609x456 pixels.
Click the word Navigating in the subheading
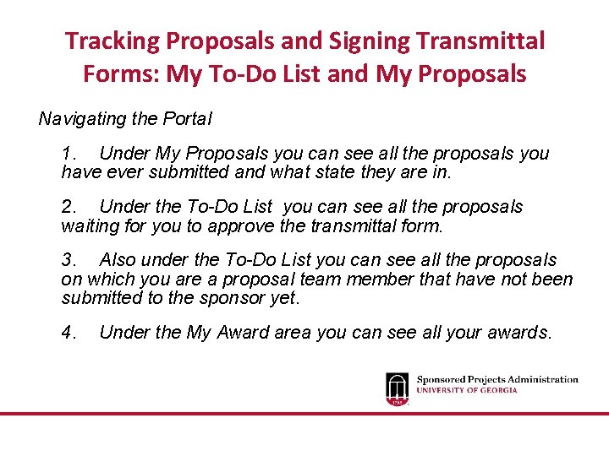pos(82,119)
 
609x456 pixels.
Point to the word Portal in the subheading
pos(185,119)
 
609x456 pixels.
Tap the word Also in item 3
pos(118,260)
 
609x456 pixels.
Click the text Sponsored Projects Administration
pos(497,380)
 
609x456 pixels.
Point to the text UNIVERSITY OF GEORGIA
pos(467,390)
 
